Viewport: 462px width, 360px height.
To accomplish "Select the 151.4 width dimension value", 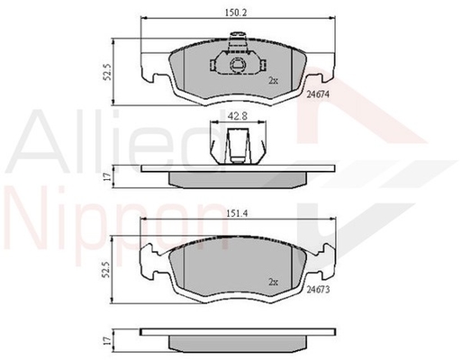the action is pyautogui.click(x=236, y=213).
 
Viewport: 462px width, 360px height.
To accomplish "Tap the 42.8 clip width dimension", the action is pyautogui.click(x=237, y=116).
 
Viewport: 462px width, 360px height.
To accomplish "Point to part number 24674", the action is pyautogui.click(x=318, y=94).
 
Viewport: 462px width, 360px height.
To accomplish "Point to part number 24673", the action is pyautogui.click(x=318, y=290).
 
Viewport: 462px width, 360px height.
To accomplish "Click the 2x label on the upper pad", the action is pyautogui.click(x=273, y=80).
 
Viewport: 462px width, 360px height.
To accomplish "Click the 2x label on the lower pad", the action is pyautogui.click(x=273, y=283).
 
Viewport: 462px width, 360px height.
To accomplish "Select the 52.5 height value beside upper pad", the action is pyautogui.click(x=107, y=72).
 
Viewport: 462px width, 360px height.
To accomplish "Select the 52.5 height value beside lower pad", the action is pyautogui.click(x=106, y=269).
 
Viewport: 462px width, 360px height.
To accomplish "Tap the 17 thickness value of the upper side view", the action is pyautogui.click(x=108, y=176).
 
